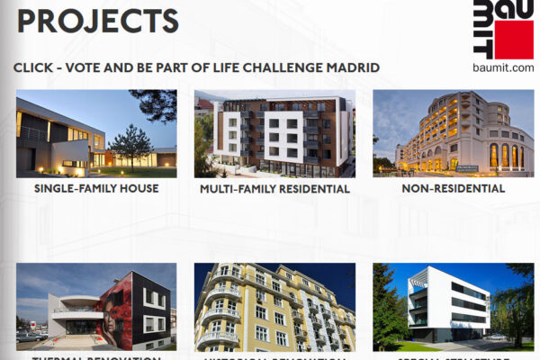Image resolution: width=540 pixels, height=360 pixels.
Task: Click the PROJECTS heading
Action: (x=97, y=20)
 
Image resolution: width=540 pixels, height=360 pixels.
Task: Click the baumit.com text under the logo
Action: (x=503, y=67)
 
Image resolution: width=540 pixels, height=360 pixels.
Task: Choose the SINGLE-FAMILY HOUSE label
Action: (x=96, y=188)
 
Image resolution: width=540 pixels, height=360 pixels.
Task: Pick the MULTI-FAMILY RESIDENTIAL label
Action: (x=274, y=189)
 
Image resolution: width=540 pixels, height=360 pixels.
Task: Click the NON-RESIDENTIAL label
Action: (x=453, y=188)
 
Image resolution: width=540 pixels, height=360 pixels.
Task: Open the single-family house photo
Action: (x=96, y=133)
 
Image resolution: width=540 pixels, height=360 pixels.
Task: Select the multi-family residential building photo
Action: (x=274, y=133)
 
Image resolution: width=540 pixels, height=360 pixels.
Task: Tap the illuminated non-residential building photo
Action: (x=453, y=133)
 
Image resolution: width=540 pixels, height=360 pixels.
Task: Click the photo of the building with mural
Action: (x=96, y=306)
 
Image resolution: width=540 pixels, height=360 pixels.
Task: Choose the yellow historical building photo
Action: (x=274, y=306)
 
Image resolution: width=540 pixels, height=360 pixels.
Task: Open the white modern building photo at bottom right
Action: (x=453, y=306)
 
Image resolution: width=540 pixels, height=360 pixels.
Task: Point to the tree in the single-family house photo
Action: (x=131, y=144)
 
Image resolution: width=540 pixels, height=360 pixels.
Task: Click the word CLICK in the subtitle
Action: (x=34, y=67)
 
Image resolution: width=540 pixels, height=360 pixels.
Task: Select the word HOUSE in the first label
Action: (x=138, y=188)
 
